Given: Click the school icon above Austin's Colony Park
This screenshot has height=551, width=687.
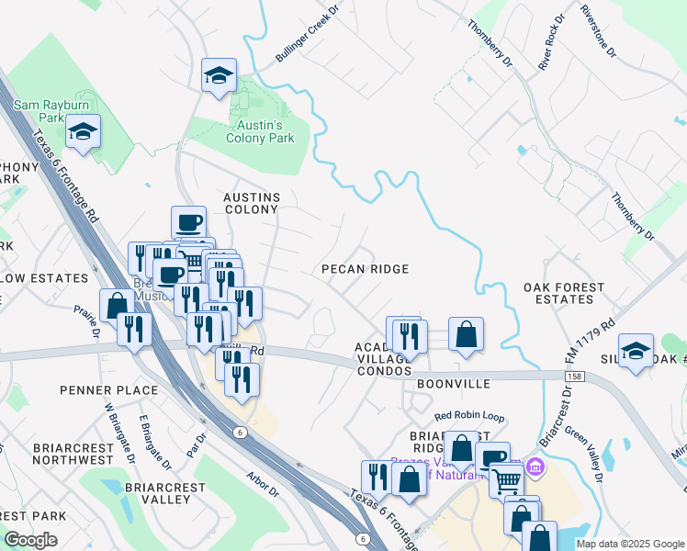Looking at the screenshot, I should (x=220, y=76).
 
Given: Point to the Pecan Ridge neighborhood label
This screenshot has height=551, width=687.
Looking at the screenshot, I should (x=365, y=269).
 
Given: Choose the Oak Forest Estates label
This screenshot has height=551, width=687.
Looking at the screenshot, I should (x=564, y=293).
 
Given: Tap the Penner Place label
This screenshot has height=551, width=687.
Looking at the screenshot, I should (x=109, y=390).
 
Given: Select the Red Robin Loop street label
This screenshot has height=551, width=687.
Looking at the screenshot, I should (x=469, y=416).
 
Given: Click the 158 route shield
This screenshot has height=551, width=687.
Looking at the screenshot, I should (x=574, y=376).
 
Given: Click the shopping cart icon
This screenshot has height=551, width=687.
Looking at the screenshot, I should (x=506, y=479).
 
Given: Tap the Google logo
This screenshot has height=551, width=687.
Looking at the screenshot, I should (x=31, y=540).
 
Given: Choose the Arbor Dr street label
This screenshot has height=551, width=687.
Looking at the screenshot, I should (x=263, y=485).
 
